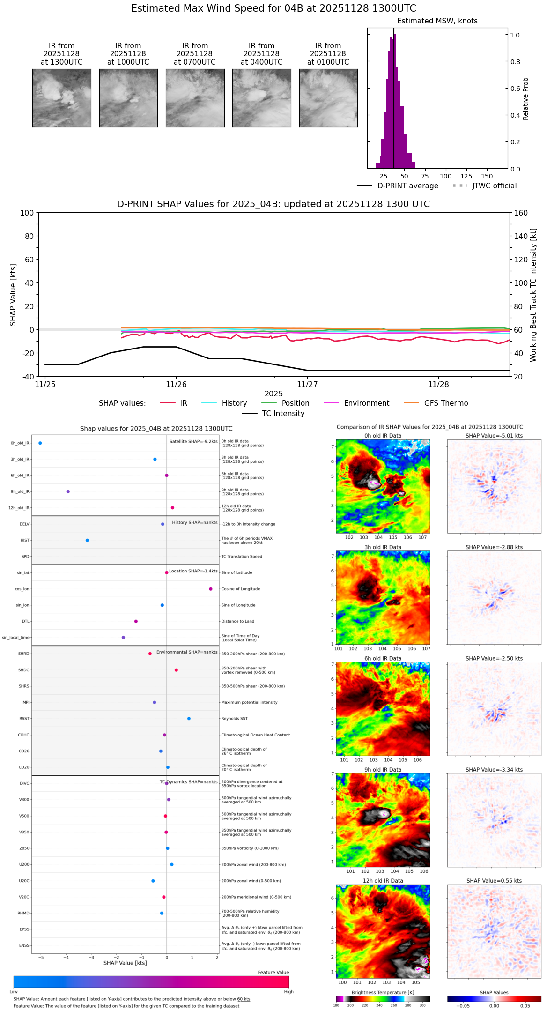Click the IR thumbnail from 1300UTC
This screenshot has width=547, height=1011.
62,98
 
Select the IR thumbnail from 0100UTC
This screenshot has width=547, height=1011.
328,98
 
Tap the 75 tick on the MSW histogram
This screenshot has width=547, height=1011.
425,176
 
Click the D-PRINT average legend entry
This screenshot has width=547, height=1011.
398,186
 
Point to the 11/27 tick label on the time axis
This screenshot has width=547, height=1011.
307,384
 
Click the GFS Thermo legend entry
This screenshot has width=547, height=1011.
436,403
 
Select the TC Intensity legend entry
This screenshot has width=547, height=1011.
273,414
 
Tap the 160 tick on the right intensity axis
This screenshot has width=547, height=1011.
521,213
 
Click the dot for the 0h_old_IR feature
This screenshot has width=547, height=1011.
40,443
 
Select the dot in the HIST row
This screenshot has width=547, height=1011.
87,540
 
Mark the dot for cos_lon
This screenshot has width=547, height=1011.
211,589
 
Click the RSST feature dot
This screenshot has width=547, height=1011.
189,719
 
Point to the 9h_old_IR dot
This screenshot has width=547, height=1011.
68,491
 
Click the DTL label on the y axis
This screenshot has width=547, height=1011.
25,621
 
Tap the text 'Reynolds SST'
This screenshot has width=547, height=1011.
234,719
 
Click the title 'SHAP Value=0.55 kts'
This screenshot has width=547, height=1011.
494,881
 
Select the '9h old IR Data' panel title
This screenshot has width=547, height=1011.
383,770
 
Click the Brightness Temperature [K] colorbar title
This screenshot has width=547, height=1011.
383,992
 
